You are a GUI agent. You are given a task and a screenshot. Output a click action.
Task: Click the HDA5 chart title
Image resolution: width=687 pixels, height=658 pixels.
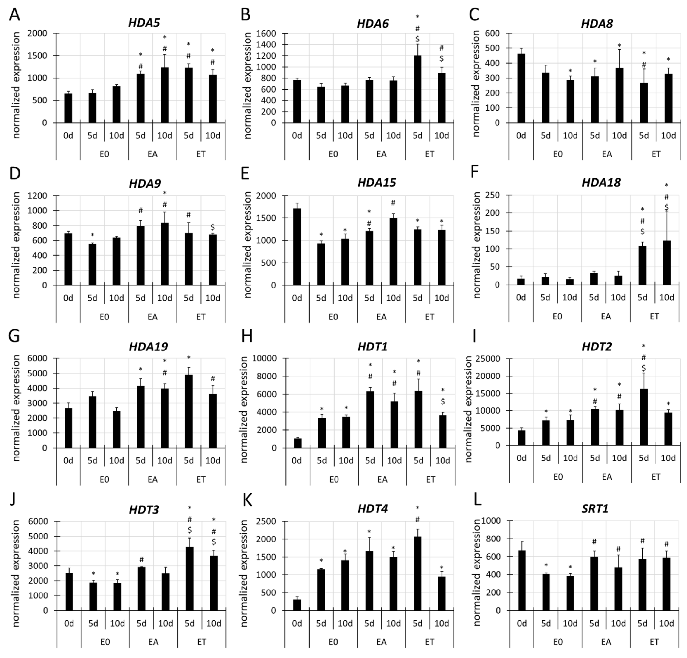click(144, 23)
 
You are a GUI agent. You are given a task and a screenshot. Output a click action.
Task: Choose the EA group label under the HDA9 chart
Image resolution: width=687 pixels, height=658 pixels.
click(152, 316)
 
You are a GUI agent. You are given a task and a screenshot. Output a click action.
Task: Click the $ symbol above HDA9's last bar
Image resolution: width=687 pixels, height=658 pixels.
click(213, 227)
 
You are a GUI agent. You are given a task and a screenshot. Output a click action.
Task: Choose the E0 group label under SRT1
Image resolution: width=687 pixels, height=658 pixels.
click(558, 642)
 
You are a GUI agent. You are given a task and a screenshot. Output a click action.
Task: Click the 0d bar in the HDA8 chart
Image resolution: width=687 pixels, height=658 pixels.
click(521, 88)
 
